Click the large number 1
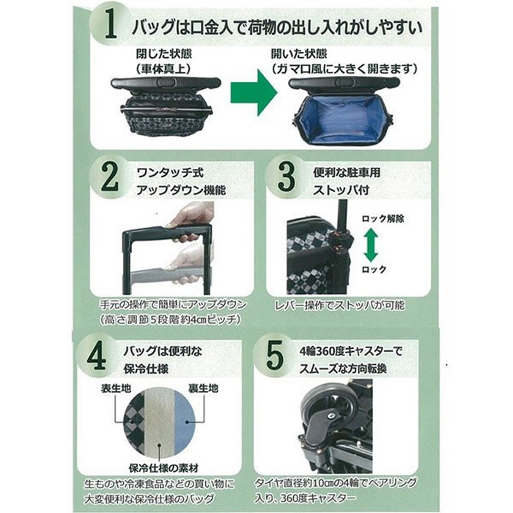pyautogui.click(x=111, y=24)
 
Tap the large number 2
pyautogui.click(x=110, y=177)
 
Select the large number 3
pyautogui.click(x=287, y=177)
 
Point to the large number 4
pyautogui.click(x=97, y=356)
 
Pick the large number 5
pyautogui.click(x=274, y=355)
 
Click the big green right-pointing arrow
pyautogui.click(x=254, y=92)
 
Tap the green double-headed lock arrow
pyautogui.click(x=371, y=245)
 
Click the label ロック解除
pyautogui.click(x=383, y=218)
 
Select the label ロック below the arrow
pyautogui.click(x=374, y=270)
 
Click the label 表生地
pyautogui.click(x=116, y=388)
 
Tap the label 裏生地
pyautogui.click(x=203, y=388)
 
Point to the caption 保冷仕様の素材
pyautogui.click(x=163, y=468)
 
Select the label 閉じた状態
pyautogui.click(x=164, y=54)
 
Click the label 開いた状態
pyautogui.click(x=299, y=54)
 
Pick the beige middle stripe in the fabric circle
pyautogui.click(x=160, y=422)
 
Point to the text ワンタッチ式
pyautogui.click(x=170, y=172)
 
